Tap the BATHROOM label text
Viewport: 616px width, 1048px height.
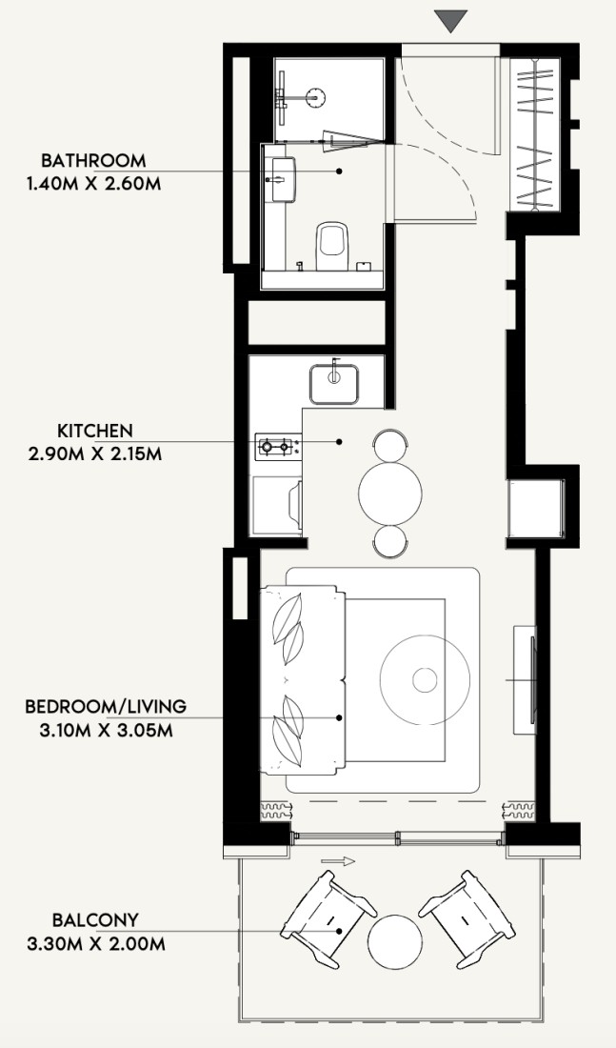(93, 160)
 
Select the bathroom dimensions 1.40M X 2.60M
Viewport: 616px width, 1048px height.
(93, 184)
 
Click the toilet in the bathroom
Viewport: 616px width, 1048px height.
(332, 245)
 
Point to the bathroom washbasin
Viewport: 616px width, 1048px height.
(284, 179)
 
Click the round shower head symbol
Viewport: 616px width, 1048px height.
(315, 97)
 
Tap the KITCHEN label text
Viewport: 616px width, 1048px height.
(95, 431)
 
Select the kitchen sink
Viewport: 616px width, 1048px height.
(334, 384)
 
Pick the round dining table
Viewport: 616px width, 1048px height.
(390, 494)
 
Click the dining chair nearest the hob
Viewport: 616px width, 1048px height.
(390, 445)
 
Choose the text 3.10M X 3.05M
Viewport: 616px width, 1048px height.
(106, 731)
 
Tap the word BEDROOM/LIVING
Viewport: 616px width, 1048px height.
(106, 707)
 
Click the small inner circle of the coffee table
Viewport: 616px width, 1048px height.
(425, 680)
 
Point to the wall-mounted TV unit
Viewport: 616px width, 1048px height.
(526, 679)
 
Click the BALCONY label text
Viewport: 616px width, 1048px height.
(95, 920)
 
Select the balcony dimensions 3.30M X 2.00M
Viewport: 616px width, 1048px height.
(95, 944)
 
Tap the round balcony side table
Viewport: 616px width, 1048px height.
(395, 941)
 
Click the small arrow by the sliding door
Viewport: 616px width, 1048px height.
(337, 861)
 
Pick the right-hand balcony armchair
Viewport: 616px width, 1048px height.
(467, 919)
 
